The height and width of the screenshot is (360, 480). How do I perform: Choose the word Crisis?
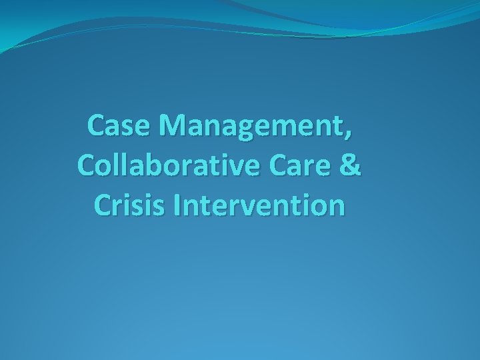127,206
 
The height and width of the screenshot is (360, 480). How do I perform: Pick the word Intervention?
260,206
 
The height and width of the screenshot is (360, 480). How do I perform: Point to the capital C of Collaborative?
87,165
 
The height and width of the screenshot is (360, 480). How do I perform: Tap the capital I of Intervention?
177,206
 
